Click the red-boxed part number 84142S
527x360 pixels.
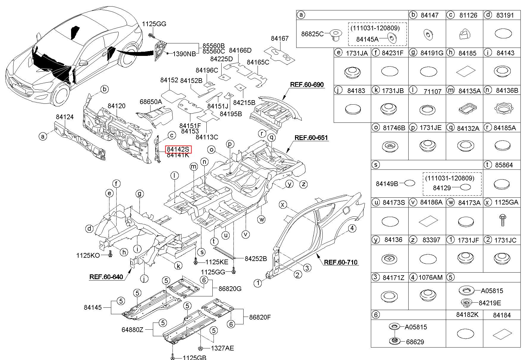[178, 149]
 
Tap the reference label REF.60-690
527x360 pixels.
[307, 84]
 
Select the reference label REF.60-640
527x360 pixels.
[106, 277]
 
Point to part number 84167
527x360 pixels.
[280, 38]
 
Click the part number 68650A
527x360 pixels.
[151, 102]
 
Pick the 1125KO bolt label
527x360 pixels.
[88, 255]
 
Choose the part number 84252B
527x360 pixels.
[256, 259]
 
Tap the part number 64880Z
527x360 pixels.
[132, 330]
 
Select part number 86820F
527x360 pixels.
[260, 317]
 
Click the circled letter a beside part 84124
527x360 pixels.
[43, 136]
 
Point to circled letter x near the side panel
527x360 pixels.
[283, 204]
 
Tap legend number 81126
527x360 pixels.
[468, 15]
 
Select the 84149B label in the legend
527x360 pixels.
[387, 183]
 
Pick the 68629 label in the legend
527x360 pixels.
[415, 342]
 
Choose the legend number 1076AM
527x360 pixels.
[430, 277]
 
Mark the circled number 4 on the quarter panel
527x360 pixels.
[352, 228]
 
